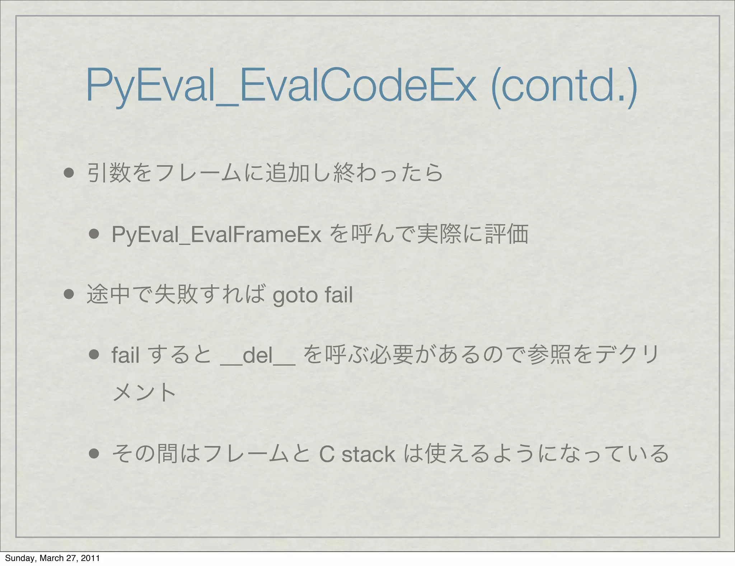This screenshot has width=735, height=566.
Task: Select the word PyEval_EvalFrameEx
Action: (216, 234)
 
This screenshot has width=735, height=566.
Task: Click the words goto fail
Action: (313, 295)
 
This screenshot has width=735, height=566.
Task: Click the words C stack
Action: (357, 454)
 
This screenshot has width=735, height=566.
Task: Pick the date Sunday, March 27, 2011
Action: (52, 558)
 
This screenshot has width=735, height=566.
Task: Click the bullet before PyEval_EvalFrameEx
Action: (94, 234)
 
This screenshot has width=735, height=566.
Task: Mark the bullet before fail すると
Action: (94, 355)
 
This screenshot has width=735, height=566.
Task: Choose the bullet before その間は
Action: (94, 454)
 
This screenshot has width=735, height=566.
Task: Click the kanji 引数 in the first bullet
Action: (109, 173)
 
